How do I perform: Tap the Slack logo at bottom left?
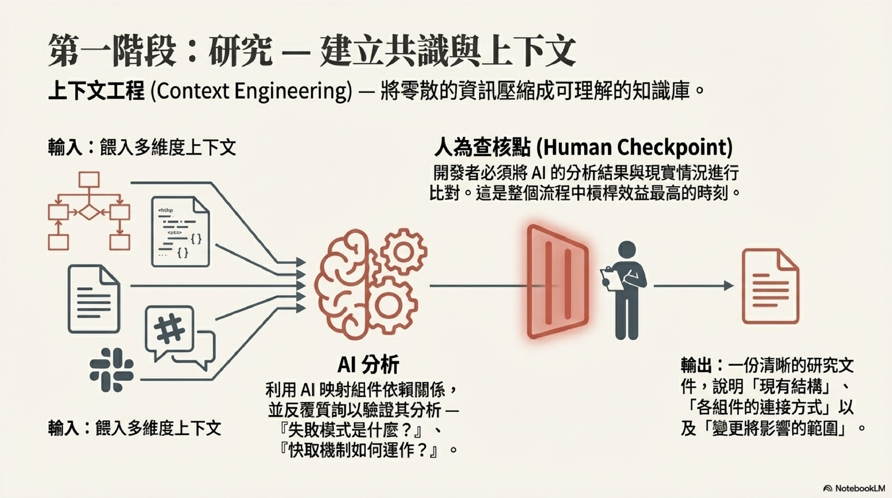point(111,370)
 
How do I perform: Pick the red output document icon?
point(770,286)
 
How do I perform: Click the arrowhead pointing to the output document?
point(729,286)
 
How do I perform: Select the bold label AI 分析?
point(368,365)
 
